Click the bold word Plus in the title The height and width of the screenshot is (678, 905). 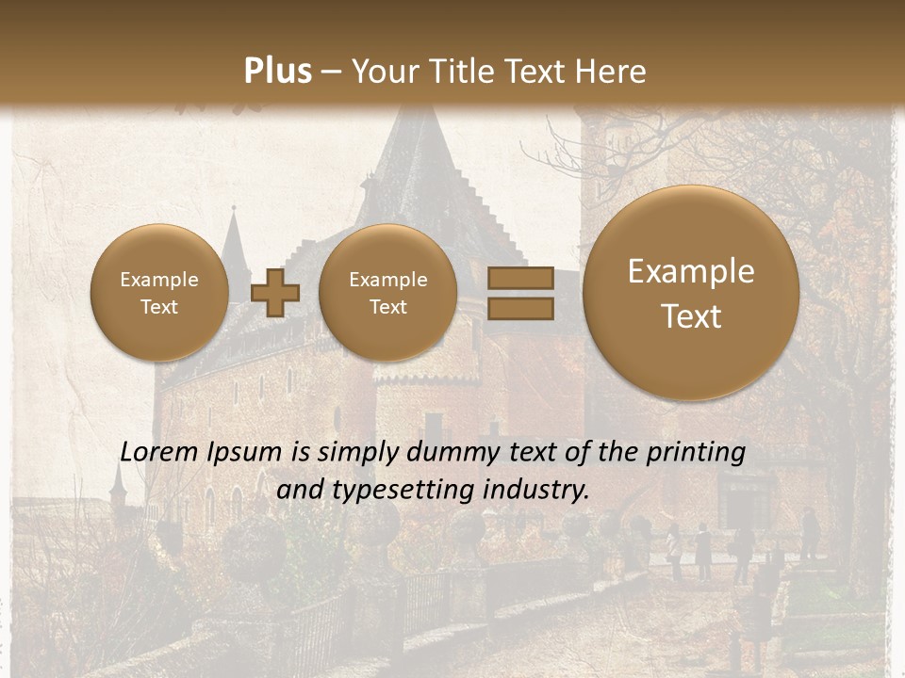point(277,72)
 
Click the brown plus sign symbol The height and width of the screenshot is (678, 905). point(275,293)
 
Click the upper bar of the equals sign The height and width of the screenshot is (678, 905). point(519,280)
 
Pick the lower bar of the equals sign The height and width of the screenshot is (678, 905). point(519,308)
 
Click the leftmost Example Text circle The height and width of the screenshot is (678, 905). point(159,293)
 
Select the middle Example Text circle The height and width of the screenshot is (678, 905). point(388,293)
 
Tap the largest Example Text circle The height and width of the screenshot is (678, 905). point(691,293)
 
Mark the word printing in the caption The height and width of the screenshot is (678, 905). point(695,453)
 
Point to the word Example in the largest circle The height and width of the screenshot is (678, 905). point(691,271)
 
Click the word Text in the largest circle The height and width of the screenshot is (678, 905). point(691,316)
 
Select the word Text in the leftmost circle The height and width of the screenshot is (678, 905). point(159,307)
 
